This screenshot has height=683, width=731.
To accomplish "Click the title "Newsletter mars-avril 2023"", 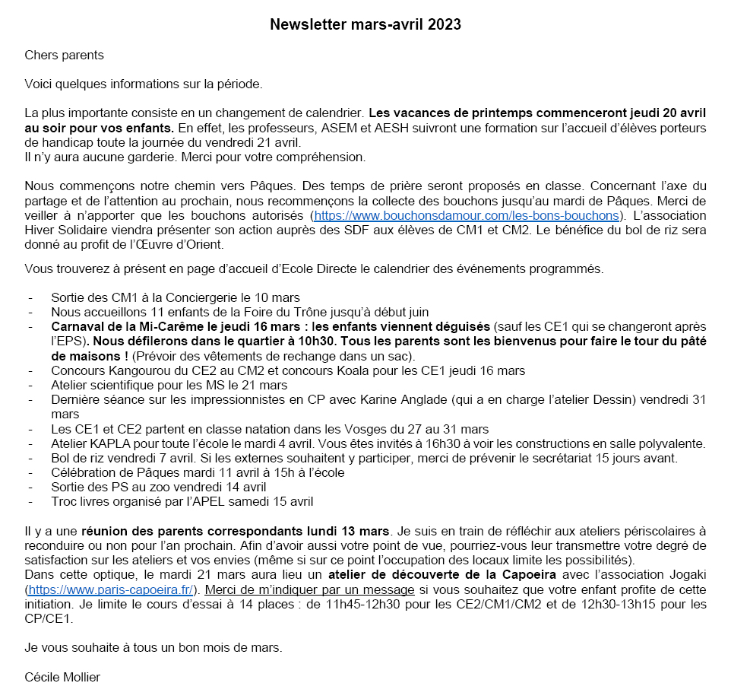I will [365, 24].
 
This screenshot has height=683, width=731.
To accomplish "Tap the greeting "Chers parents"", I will [64, 56].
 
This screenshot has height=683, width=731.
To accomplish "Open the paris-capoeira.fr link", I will [112, 589].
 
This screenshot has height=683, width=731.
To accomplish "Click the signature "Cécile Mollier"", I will [62, 676].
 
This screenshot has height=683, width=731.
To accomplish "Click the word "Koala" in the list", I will [369, 370].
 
